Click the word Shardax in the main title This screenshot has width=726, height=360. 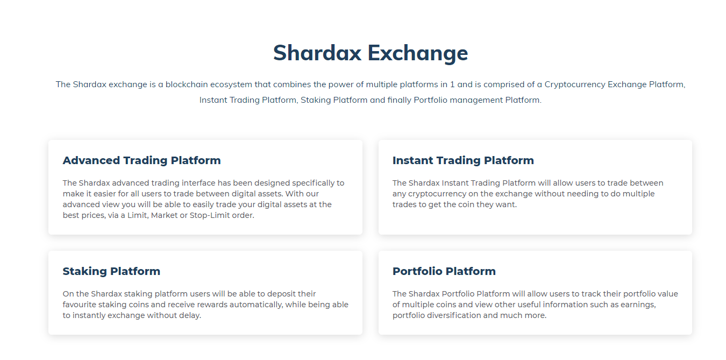317,53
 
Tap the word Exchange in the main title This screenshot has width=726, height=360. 418,53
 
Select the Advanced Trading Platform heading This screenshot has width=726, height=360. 141,160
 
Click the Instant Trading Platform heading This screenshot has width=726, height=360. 463,160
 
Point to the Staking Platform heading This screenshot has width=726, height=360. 111,271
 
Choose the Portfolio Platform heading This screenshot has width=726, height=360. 444,271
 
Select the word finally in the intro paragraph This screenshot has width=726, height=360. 399,100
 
